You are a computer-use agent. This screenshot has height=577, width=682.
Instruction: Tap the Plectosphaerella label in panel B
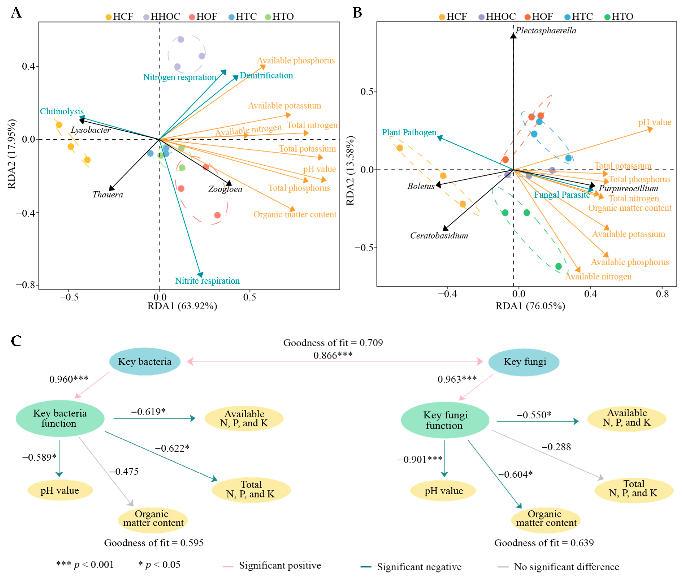point(546,30)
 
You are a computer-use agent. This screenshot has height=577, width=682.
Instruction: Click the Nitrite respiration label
point(207,281)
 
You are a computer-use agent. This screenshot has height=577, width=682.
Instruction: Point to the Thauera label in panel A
point(108,195)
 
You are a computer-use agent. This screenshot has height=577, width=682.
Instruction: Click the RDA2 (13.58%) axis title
point(350,170)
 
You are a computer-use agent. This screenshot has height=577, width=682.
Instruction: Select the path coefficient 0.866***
point(333,355)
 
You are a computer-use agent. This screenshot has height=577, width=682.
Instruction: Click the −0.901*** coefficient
point(420,460)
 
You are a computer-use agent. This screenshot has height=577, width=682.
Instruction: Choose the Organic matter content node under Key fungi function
point(546,519)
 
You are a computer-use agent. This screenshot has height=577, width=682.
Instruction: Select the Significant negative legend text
point(419,567)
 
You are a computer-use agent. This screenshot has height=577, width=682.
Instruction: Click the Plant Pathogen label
point(409,133)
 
